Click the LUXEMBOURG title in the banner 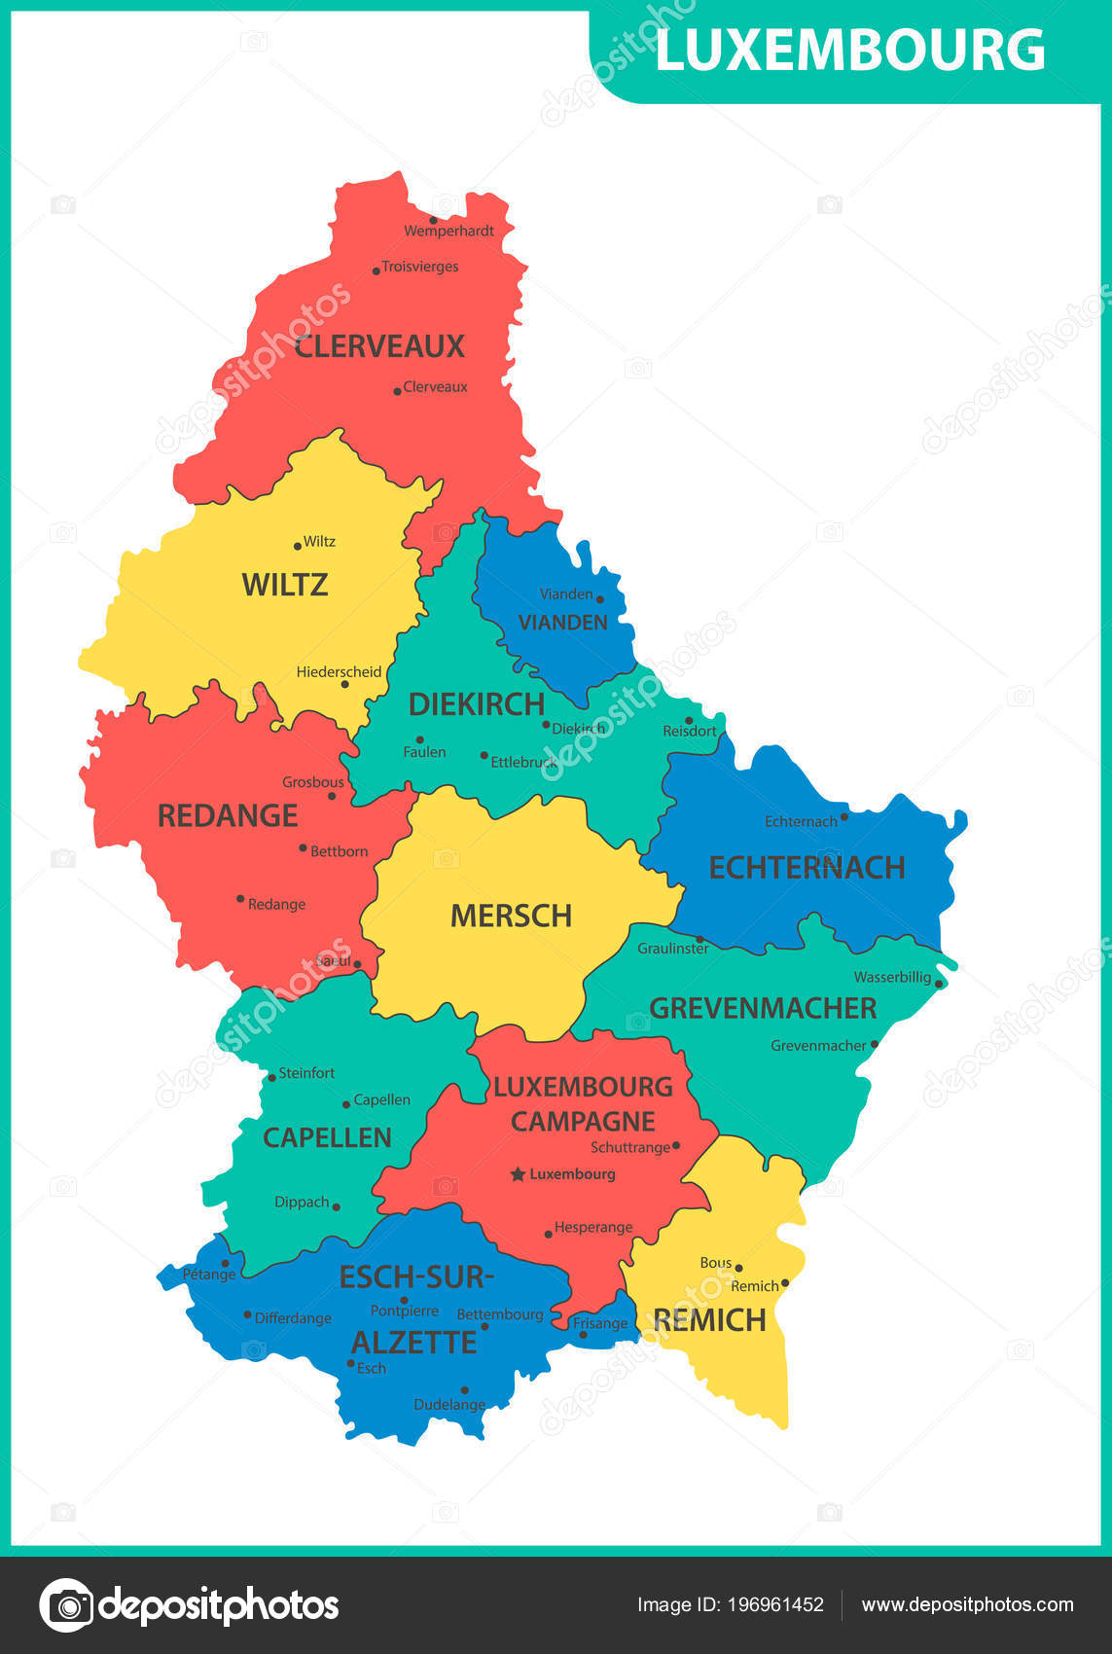pyautogui.click(x=849, y=51)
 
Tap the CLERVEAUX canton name pyautogui.click(x=379, y=346)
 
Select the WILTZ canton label pyautogui.click(x=284, y=585)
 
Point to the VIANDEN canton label pyautogui.click(x=562, y=623)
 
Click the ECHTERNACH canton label pyautogui.click(x=807, y=867)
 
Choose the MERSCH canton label pyautogui.click(x=511, y=916)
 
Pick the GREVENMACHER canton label pyautogui.click(x=763, y=1008)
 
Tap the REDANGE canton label pyautogui.click(x=228, y=815)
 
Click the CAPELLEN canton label pyautogui.click(x=327, y=1137)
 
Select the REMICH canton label pyautogui.click(x=709, y=1320)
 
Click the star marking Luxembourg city pyautogui.click(x=518, y=1174)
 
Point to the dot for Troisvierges pyautogui.click(x=377, y=270)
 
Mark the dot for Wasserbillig pyautogui.click(x=939, y=984)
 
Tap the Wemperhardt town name pyautogui.click(x=448, y=232)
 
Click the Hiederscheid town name pyautogui.click(x=339, y=672)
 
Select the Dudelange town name pyautogui.click(x=449, y=1405)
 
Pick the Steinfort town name pyautogui.click(x=306, y=1073)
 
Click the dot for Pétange pyautogui.click(x=226, y=1263)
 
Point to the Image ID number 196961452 pyautogui.click(x=775, y=1604)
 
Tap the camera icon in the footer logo pyautogui.click(x=67, y=1604)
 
